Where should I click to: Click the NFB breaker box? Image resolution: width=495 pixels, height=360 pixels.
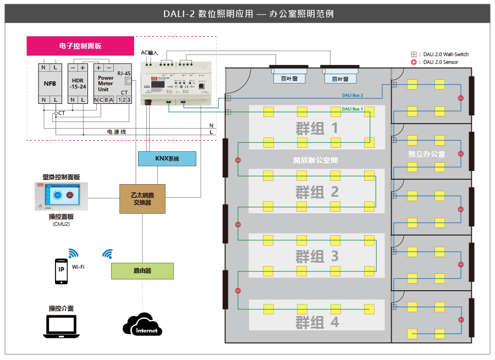pos(50,84)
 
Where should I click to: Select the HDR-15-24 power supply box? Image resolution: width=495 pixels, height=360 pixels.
pos(78,84)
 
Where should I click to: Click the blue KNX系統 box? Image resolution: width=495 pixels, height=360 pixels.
pos(167,159)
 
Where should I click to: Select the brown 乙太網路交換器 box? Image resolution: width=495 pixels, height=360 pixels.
pos(142,198)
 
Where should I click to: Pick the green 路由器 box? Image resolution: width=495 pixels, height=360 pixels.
pos(142,271)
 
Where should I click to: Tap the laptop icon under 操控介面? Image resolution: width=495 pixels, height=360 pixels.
pos(61,326)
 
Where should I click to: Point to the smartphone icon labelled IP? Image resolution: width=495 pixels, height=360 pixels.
pos(61,271)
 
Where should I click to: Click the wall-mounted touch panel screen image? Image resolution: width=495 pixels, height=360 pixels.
pos(61,196)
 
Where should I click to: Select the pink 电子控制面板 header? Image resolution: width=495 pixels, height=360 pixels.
pos(80,46)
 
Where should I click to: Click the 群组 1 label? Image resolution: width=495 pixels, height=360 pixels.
pos(317,129)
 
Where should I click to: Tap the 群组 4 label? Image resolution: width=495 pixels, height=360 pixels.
pos(317,322)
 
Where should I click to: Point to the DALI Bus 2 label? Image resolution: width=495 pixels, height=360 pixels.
pos(353,96)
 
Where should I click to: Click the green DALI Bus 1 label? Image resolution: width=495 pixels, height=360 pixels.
pos(353,109)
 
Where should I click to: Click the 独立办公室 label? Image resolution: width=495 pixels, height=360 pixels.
pos(427,154)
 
